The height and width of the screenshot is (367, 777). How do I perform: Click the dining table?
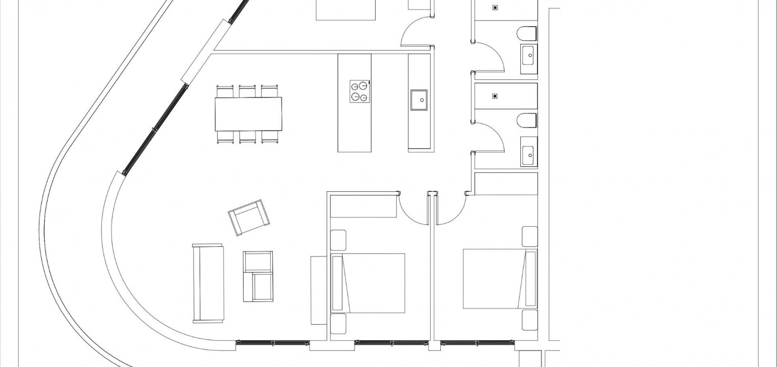point(248,114)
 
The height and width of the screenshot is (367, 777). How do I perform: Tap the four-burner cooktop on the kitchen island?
point(360,92)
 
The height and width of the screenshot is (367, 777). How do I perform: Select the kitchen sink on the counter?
point(419,100)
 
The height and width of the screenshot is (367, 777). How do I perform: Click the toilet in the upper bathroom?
point(527,34)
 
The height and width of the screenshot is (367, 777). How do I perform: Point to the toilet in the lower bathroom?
point(527,120)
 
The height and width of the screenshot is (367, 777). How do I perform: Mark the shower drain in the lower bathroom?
point(495,95)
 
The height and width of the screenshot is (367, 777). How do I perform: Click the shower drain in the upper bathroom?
point(495,8)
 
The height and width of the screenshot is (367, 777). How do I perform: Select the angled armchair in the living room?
point(249,217)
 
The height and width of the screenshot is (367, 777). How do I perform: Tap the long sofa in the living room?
point(208,283)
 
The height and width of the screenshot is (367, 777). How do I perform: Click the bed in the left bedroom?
point(369,283)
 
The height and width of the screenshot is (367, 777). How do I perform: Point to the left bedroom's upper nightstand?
point(338,240)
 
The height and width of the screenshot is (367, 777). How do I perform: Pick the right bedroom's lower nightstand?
point(529,320)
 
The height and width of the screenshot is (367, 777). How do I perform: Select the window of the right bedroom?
point(477,342)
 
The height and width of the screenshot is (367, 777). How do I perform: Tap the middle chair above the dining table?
point(247,91)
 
